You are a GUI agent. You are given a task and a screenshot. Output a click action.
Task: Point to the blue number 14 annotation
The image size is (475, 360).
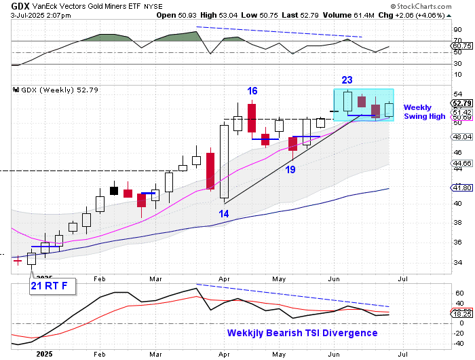pyautogui.click(x=223, y=214)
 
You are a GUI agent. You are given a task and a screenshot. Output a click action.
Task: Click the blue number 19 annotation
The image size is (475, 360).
pyautogui.click(x=290, y=169)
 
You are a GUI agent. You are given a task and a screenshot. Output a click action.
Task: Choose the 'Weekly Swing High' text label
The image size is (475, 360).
pyautogui.click(x=424, y=112)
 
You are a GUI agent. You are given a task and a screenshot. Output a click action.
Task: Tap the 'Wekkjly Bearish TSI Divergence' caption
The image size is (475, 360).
pyautogui.click(x=302, y=333)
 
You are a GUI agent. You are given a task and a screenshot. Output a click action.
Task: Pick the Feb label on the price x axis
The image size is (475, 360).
pyautogui.click(x=100, y=278)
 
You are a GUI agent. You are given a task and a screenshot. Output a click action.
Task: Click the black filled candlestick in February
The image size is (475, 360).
pyautogui.click(x=114, y=190)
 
